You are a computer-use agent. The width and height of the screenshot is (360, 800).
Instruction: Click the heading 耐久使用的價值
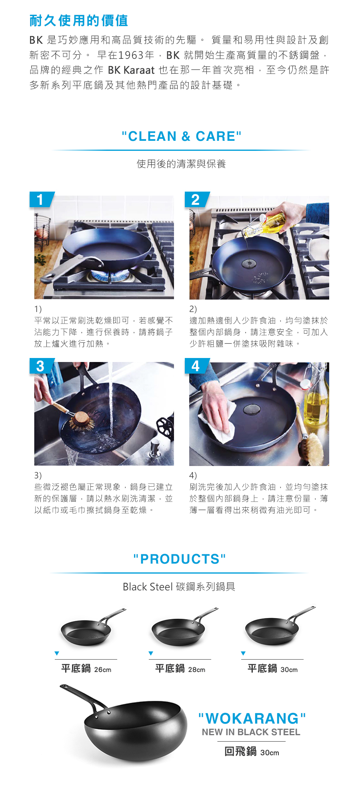[79, 20]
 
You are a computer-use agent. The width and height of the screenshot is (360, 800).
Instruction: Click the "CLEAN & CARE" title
[182, 136]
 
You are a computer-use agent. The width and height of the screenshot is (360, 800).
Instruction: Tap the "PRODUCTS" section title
[180, 559]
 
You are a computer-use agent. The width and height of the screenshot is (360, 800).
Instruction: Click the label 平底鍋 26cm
[86, 669]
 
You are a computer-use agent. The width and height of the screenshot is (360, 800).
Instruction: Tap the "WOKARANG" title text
[252, 718]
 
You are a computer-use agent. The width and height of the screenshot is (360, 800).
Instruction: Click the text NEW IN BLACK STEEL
[251, 732]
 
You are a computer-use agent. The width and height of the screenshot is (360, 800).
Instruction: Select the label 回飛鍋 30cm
[252, 752]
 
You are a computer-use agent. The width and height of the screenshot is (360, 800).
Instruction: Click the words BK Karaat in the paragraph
[131, 70]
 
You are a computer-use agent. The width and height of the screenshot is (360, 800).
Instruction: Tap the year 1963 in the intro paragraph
[131, 55]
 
